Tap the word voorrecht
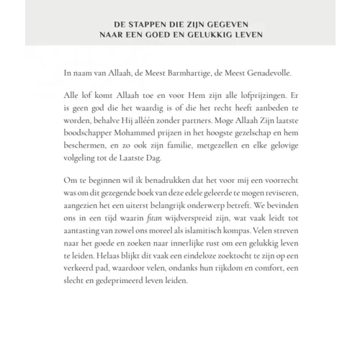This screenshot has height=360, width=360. tap(274, 177)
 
